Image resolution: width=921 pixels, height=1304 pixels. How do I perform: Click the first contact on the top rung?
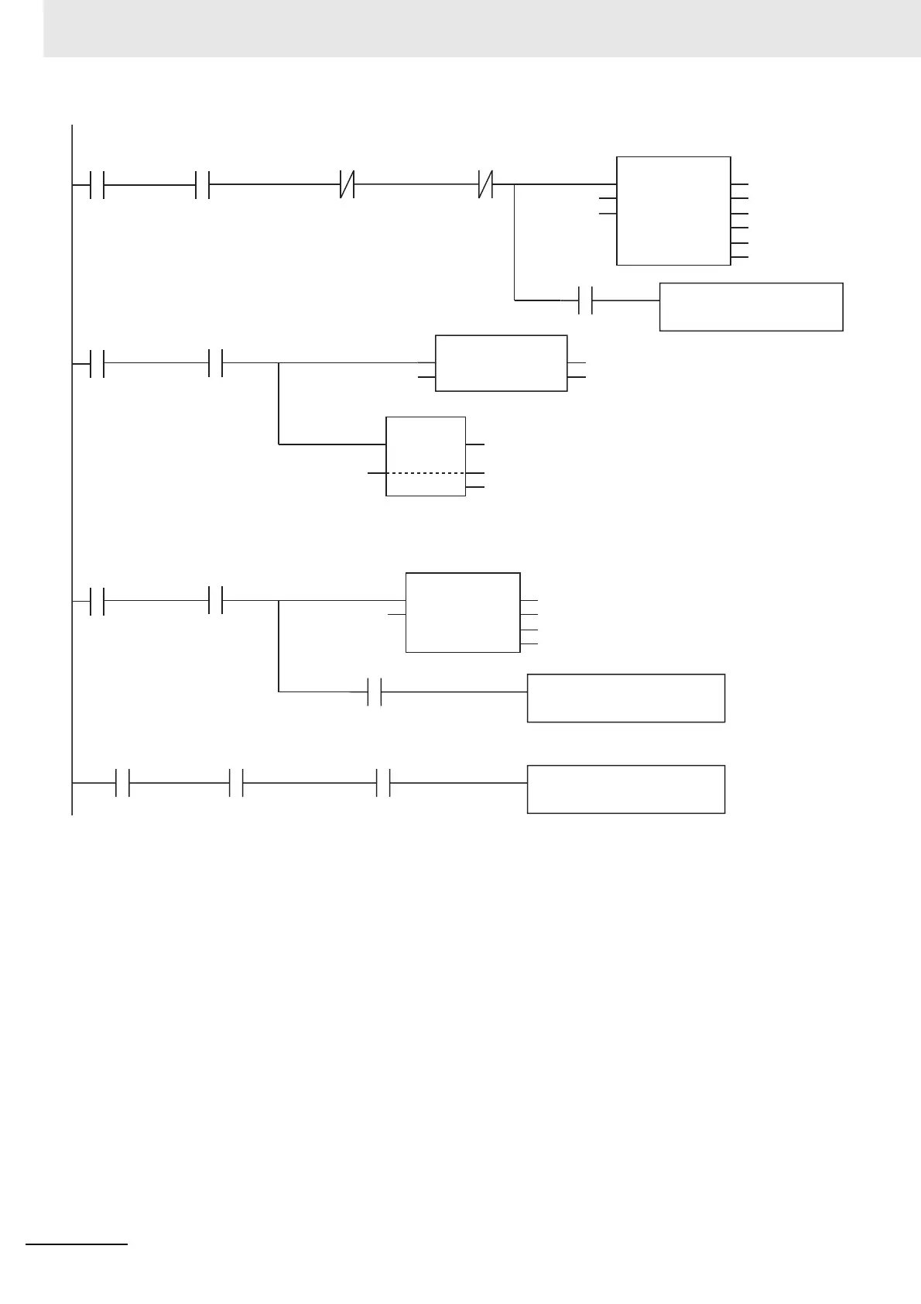[97, 185]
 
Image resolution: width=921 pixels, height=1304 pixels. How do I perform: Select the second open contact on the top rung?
[203, 185]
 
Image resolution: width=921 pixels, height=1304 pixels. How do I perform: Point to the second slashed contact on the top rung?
[485, 185]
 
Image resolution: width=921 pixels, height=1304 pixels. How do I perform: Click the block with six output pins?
[673, 211]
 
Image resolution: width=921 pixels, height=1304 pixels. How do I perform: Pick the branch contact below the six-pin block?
[586, 300]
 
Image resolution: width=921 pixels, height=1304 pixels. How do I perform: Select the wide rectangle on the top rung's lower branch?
[751, 307]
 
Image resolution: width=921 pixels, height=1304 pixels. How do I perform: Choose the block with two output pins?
[501, 363]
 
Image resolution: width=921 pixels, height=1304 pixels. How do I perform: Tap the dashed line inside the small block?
[426, 472]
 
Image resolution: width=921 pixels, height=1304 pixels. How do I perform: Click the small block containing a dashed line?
[426, 455]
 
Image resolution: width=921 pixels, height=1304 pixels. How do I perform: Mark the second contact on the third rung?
[216, 600]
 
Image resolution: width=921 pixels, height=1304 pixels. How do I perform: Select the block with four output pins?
[463, 613]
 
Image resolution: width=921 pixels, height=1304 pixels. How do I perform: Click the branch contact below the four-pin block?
[375, 691]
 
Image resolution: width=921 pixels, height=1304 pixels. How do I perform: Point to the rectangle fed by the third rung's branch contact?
[625, 698]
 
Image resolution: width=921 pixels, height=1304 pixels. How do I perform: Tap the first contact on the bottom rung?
[122, 783]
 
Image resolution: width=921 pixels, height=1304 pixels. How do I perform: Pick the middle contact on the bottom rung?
[237, 783]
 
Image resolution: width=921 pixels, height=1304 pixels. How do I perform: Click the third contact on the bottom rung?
[383, 783]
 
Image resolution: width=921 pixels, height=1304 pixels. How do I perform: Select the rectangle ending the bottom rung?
[625, 789]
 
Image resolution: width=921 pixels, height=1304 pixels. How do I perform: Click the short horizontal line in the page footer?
[77, 1244]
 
